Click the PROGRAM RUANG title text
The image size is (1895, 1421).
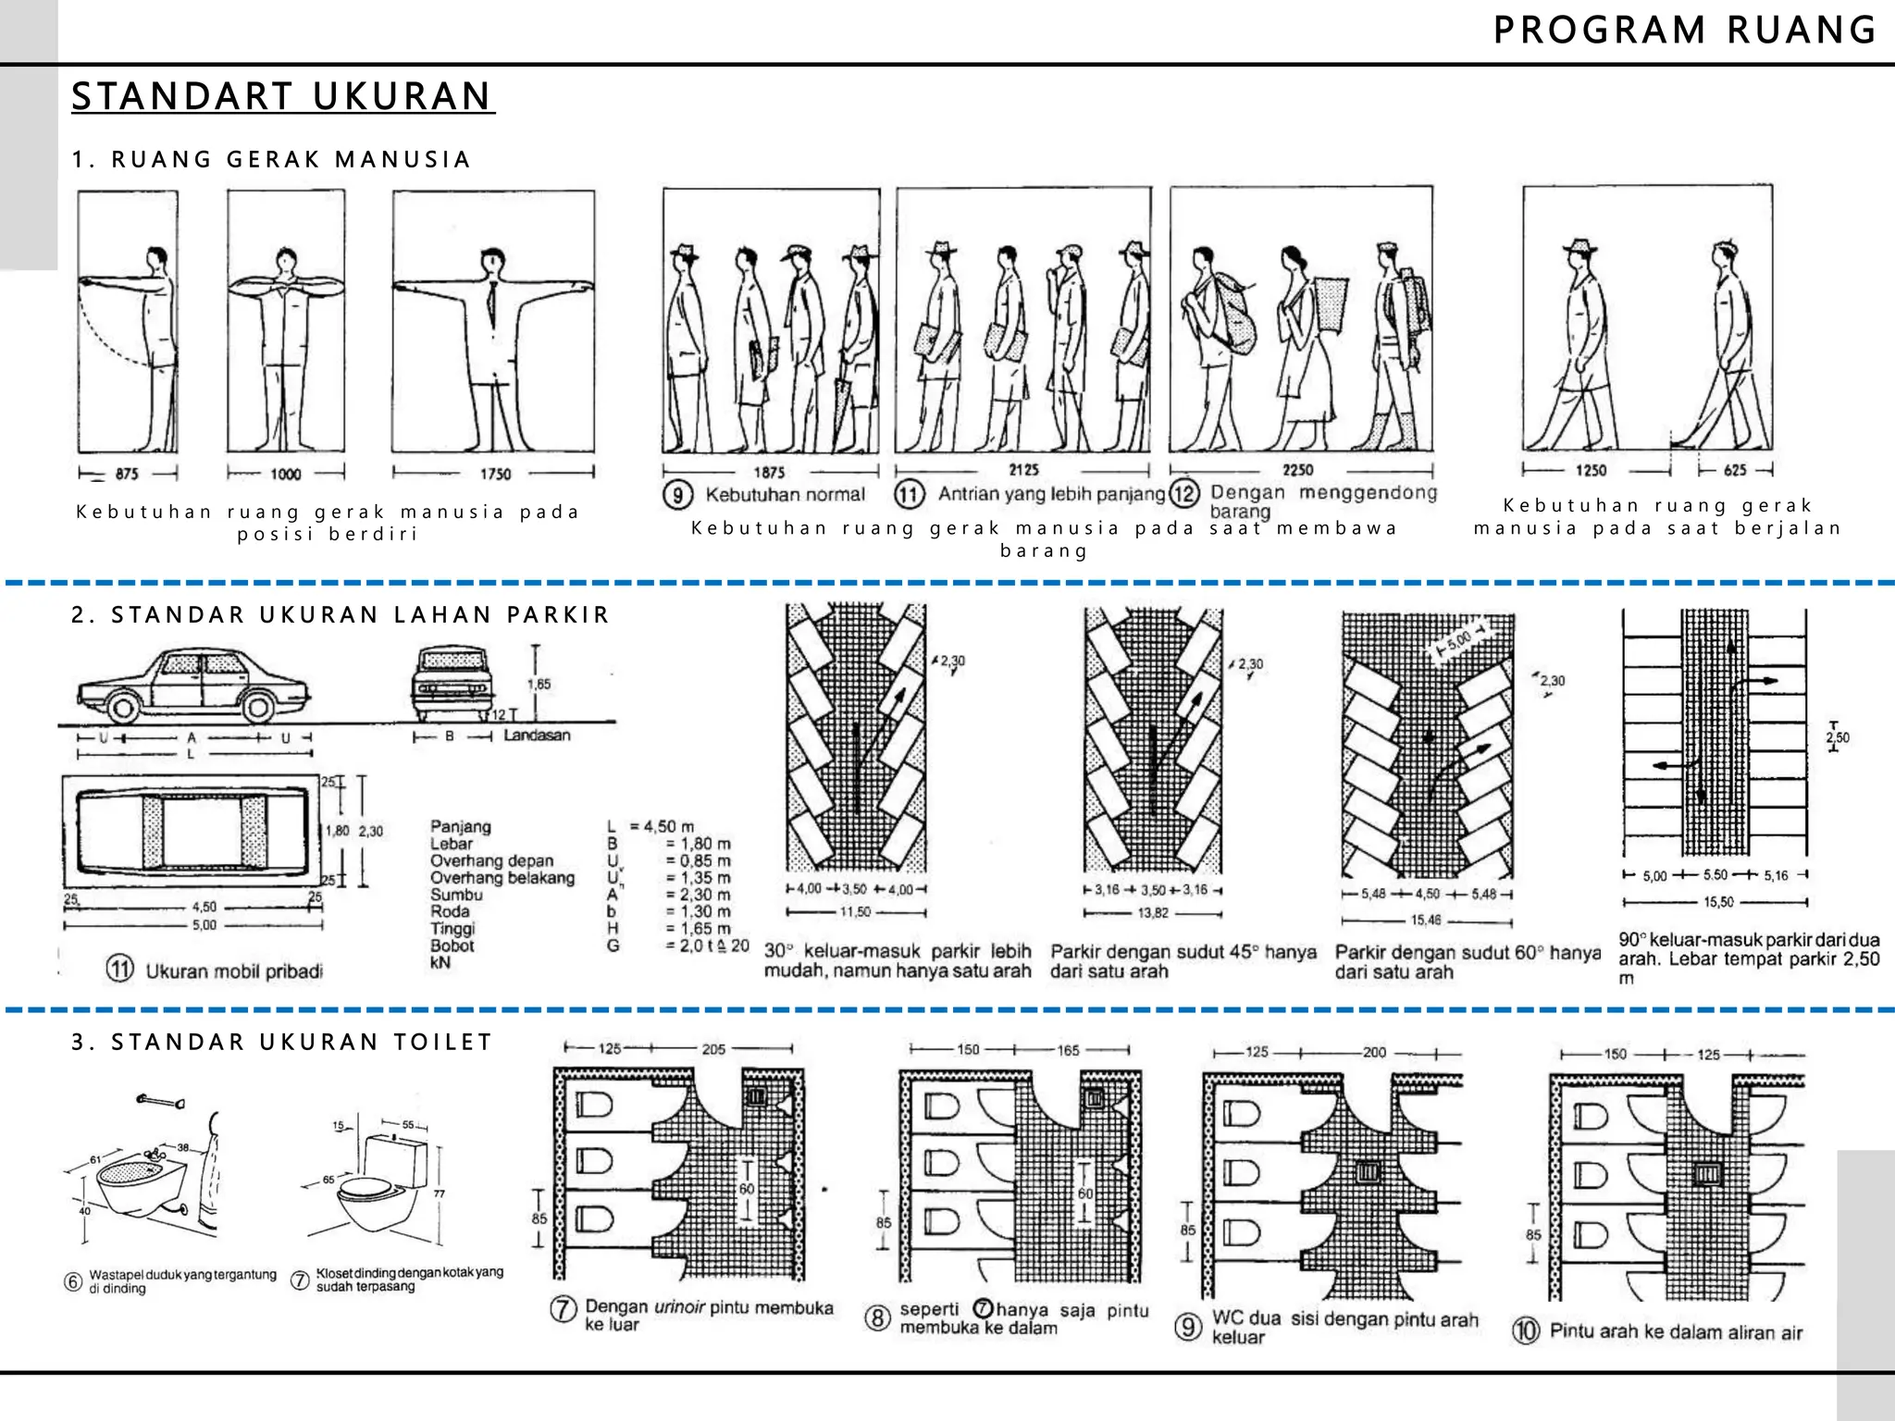coord(1684,31)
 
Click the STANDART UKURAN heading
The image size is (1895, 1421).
coord(282,96)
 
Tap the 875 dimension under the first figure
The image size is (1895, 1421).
coord(127,474)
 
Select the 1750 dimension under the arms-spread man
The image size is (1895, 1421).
coord(495,474)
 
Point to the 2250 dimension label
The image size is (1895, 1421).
coord(1297,470)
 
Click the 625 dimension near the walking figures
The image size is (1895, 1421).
coord(1735,470)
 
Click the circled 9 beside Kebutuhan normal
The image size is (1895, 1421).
coord(677,495)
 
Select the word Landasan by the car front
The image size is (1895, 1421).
coord(537,735)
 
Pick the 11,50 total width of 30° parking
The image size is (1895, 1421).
coord(855,912)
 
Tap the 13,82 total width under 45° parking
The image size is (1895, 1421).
coord(1153,913)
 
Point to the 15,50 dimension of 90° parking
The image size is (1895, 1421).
coord(1718,902)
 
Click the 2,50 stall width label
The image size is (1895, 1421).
coord(1837,737)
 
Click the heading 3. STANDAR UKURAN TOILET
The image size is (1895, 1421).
coord(282,1042)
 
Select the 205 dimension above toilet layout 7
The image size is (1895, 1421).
coord(713,1049)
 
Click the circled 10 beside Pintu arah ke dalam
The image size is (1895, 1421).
coord(1525,1331)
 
